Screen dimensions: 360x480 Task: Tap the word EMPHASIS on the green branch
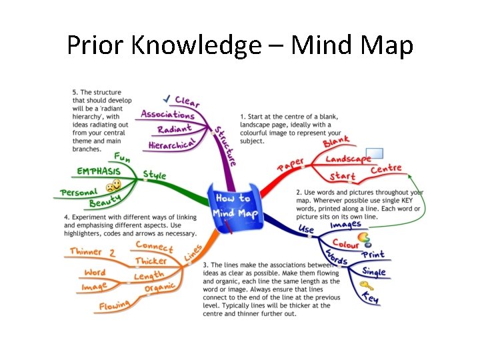[x=99, y=171]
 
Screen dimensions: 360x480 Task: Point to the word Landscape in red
[x=348, y=159]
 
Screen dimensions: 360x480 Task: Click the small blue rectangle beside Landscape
[x=375, y=153]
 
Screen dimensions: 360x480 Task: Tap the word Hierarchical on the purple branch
[x=171, y=143]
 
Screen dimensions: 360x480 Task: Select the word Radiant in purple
[x=175, y=128]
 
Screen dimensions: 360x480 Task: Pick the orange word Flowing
[x=115, y=306]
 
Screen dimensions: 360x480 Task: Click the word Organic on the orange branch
[x=160, y=288]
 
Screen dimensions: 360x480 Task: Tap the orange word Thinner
[x=86, y=252]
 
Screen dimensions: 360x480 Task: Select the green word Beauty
[x=105, y=200]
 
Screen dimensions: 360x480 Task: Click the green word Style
[x=155, y=175]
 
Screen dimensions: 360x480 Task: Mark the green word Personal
[x=79, y=192]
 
